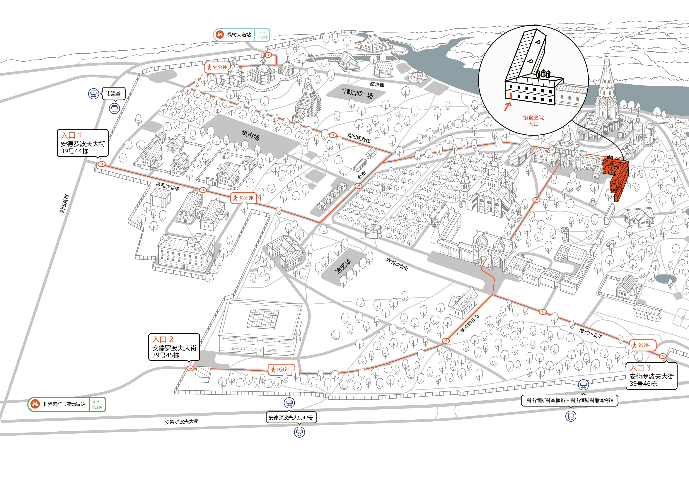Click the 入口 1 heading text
click(x=71, y=135)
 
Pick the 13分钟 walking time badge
click(x=243, y=198)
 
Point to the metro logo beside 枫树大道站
click(x=220, y=35)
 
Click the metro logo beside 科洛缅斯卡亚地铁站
click(x=35, y=404)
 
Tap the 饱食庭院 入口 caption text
click(x=533, y=121)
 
